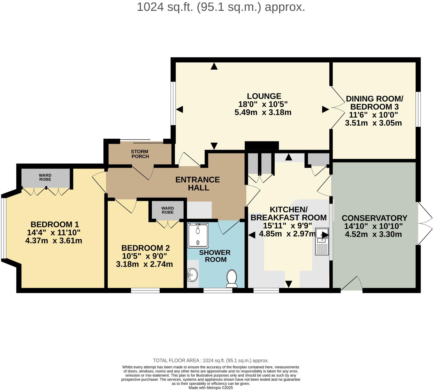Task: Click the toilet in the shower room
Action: (232, 279)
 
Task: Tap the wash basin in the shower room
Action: (192, 275)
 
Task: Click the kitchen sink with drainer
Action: (322, 242)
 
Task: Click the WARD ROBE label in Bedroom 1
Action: (45, 177)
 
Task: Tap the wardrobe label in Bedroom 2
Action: (168, 210)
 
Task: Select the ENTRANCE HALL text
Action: (198, 183)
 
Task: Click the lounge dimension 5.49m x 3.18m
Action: (263, 112)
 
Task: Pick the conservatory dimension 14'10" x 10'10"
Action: (373, 226)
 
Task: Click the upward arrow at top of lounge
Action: (214, 66)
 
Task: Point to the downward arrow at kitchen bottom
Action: (289, 284)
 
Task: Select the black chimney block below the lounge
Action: (262, 145)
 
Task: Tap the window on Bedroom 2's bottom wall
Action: (145, 291)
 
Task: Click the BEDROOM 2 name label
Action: (145, 248)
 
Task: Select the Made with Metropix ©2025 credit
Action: (211, 388)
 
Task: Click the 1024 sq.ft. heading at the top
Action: (221, 7)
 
